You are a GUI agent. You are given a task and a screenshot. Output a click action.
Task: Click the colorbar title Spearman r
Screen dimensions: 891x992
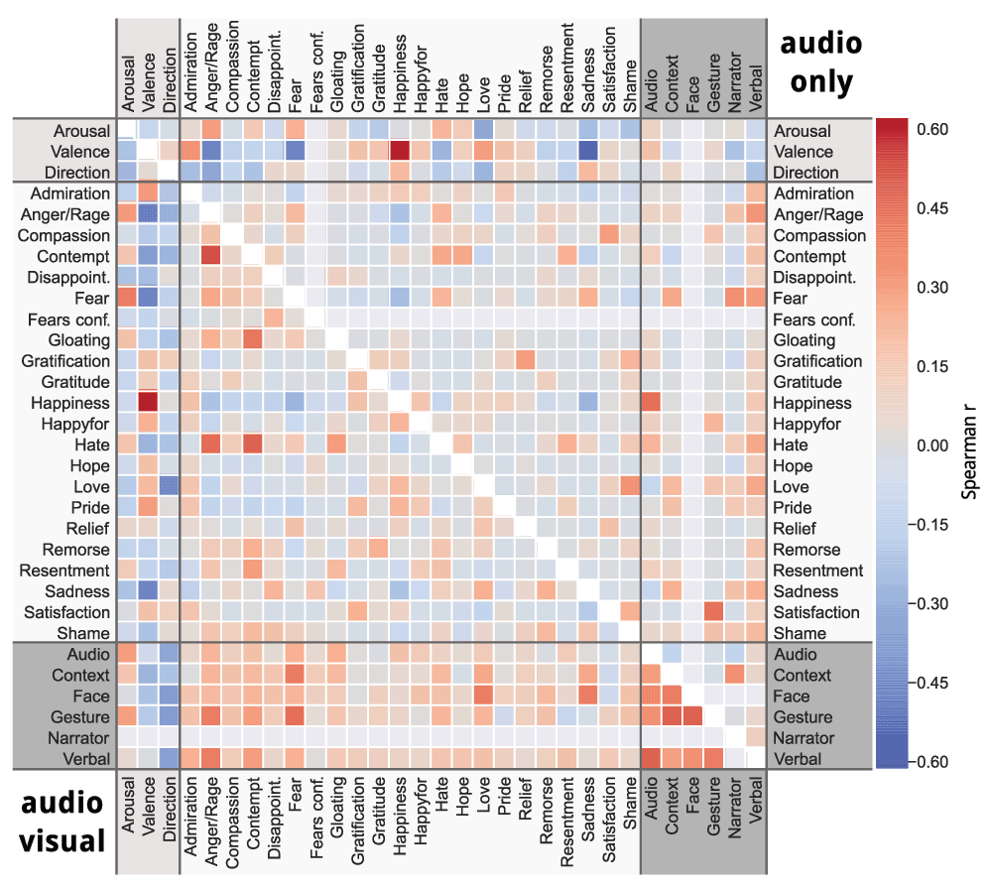pyautogui.click(x=974, y=445)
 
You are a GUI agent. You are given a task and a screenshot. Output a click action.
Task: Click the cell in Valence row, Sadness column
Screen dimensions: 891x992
pyautogui.click(x=588, y=152)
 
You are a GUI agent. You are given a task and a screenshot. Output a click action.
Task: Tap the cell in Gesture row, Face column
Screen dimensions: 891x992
pyautogui.click(x=693, y=716)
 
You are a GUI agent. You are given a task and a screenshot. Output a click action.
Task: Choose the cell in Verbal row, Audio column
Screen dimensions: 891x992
pyautogui.click(x=652, y=758)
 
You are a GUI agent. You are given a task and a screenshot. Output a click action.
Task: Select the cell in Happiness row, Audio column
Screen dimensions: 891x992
pyautogui.click(x=652, y=403)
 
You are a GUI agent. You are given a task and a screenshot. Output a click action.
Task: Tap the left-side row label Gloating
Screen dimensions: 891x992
pyautogui.click(x=76, y=340)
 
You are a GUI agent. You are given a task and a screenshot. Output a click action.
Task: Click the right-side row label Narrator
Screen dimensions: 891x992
pyautogui.click(x=805, y=738)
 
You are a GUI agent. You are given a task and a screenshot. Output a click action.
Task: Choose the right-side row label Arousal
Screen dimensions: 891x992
pyautogui.click(x=803, y=131)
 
